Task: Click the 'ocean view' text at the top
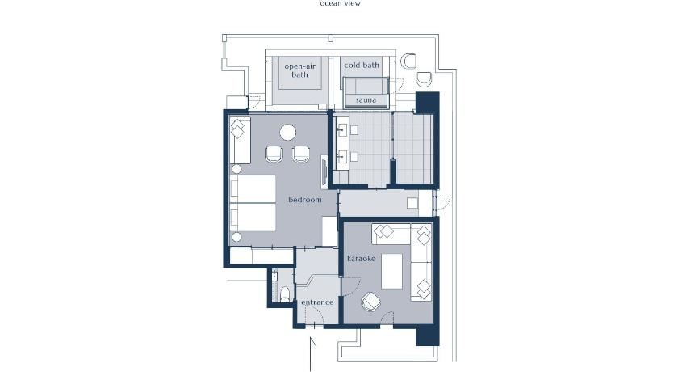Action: click(340, 3)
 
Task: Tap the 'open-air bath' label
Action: click(299, 70)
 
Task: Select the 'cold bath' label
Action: click(362, 65)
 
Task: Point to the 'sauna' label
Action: click(366, 100)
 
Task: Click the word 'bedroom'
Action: click(305, 200)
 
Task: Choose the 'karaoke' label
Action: click(361, 259)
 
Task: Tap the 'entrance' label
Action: click(317, 302)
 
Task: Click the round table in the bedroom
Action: click(287, 133)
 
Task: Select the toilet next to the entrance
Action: click(284, 294)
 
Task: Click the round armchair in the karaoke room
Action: click(370, 302)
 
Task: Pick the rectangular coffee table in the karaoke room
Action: click(391, 271)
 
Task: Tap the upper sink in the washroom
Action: click(342, 130)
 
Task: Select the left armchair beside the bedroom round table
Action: click(274, 154)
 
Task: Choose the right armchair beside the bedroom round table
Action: click(301, 154)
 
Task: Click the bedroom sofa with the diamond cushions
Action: click(240, 141)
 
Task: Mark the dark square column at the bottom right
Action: click(428, 335)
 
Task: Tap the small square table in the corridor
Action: click(412, 203)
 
